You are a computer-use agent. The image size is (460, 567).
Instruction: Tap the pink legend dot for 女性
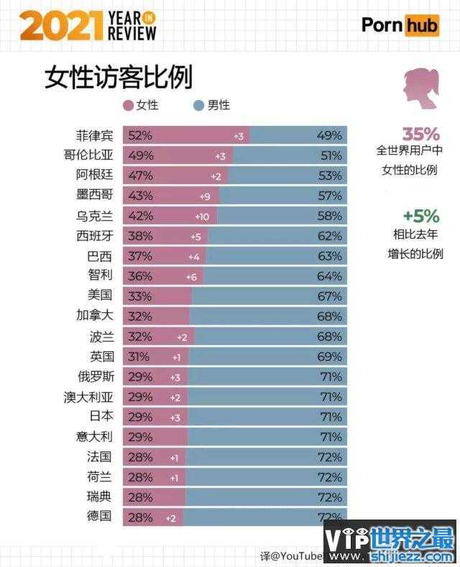[x=129, y=105]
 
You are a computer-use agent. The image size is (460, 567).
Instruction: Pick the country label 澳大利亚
[x=88, y=396]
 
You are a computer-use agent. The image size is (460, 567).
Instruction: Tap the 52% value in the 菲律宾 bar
[x=138, y=135]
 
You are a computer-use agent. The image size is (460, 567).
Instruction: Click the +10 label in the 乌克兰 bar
[x=201, y=216]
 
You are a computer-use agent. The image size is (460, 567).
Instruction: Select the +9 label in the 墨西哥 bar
[x=205, y=196]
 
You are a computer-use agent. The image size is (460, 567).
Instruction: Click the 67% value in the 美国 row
[x=329, y=295]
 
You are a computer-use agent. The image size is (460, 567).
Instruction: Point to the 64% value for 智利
[x=329, y=276]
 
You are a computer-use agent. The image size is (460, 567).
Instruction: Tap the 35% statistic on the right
[x=420, y=135]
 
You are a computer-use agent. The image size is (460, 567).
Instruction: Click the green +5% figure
[x=420, y=215]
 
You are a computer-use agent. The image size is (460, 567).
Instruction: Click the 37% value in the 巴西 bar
[x=138, y=255]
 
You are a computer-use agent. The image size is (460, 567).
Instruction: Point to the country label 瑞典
[x=99, y=496]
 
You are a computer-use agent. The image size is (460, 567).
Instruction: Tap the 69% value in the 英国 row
[x=329, y=356]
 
